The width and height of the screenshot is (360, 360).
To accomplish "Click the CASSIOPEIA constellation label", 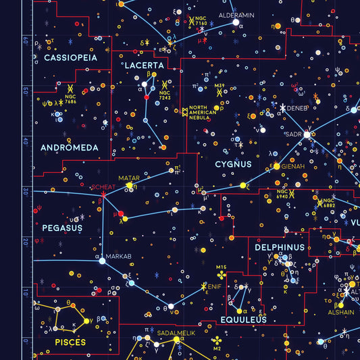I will [x=70, y=58].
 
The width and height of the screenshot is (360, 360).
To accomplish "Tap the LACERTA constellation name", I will [x=144, y=66].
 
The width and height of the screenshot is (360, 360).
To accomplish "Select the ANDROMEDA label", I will [x=70, y=147].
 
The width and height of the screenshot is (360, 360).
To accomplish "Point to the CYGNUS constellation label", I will [x=233, y=164].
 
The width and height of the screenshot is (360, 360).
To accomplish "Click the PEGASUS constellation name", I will [x=62, y=228].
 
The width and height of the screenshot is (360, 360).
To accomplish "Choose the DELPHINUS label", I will [x=280, y=248].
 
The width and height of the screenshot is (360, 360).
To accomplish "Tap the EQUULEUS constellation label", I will [x=242, y=319].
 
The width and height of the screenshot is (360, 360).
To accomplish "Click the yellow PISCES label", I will [x=70, y=342].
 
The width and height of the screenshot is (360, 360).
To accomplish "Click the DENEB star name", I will [x=297, y=107].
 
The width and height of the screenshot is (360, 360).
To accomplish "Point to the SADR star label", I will [x=293, y=134].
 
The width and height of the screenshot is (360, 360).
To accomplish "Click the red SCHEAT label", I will [x=103, y=187].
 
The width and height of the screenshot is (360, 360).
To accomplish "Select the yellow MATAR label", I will [x=128, y=178].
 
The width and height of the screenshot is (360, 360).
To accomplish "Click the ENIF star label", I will [x=215, y=287].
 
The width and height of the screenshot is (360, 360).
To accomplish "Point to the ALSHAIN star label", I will [x=340, y=312].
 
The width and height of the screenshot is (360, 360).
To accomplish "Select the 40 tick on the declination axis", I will [x=25, y=141].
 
